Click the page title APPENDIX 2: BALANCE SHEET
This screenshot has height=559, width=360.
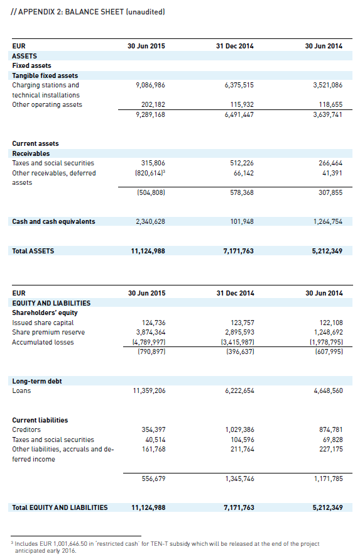pyautogui.click(x=71, y=12)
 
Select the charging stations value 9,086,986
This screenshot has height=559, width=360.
pyautogui.click(x=150, y=86)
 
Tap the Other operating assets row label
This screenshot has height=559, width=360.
pyautogui.click(x=47, y=104)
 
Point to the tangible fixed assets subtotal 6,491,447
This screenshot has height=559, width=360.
pyautogui.click(x=239, y=114)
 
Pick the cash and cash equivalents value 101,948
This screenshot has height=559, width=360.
pyautogui.click(x=242, y=221)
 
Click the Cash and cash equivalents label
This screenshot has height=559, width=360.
pyautogui.click(x=53, y=221)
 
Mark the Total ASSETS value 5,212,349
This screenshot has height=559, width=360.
pyautogui.click(x=327, y=251)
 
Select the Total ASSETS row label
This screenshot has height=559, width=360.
pyautogui.click(x=33, y=251)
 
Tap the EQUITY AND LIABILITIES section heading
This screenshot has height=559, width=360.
pyautogui.click(x=52, y=303)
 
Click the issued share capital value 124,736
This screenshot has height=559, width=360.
pyautogui.click(x=153, y=323)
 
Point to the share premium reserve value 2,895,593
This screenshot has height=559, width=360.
pyautogui.click(x=239, y=332)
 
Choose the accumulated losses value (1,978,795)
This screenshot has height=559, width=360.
pyautogui.click(x=326, y=342)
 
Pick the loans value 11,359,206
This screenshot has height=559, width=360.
pyautogui.click(x=149, y=390)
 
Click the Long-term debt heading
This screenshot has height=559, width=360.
pyautogui.click(x=37, y=381)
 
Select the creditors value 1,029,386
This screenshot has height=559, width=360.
pyautogui.click(x=239, y=429)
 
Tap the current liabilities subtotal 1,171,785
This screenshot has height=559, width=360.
pyautogui.click(x=329, y=479)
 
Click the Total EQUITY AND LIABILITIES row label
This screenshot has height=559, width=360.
pyautogui.click(x=60, y=507)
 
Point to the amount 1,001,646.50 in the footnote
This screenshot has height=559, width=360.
pyautogui.click(x=70, y=544)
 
